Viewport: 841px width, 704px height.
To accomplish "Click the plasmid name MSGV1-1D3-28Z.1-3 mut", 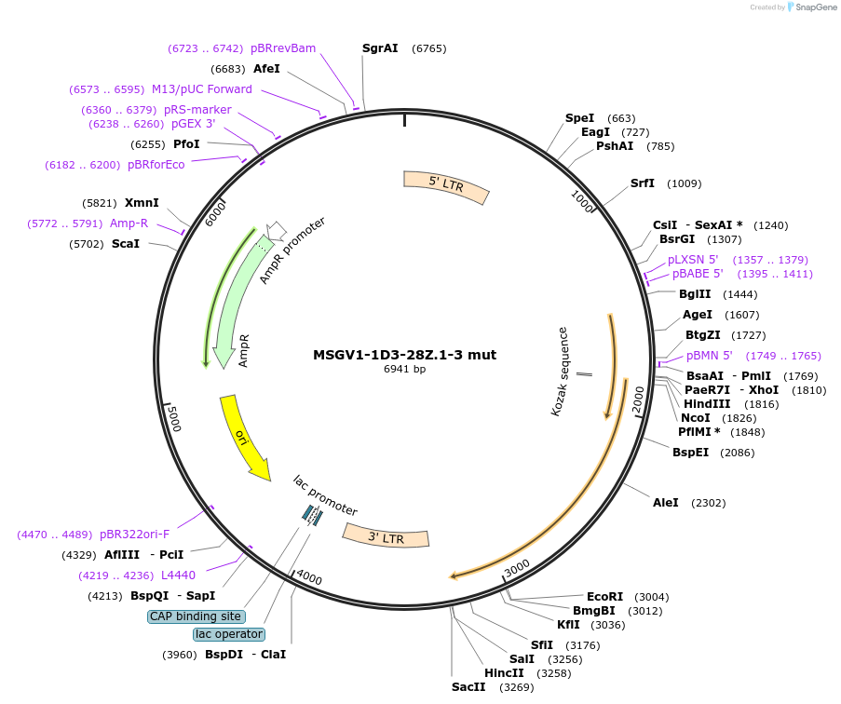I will [404, 355].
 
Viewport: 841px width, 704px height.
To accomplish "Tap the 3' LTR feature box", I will [386, 536].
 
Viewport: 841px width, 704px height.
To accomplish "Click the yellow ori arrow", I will [244, 436].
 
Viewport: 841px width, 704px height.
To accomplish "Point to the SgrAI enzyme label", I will [380, 48].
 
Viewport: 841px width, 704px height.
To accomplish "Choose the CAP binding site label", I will [197, 616].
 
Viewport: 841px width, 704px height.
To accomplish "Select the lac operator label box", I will [229, 634].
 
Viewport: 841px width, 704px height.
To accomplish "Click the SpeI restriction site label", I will [579, 118].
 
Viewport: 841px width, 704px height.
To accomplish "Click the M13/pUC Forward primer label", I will [202, 89].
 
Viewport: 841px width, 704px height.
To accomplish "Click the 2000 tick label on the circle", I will [638, 399].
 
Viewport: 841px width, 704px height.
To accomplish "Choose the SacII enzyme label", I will [468, 687].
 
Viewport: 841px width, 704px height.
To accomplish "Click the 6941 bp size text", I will [404, 370].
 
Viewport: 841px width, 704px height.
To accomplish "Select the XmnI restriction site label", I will [142, 203].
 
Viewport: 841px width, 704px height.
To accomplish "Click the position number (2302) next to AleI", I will [708, 503].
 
